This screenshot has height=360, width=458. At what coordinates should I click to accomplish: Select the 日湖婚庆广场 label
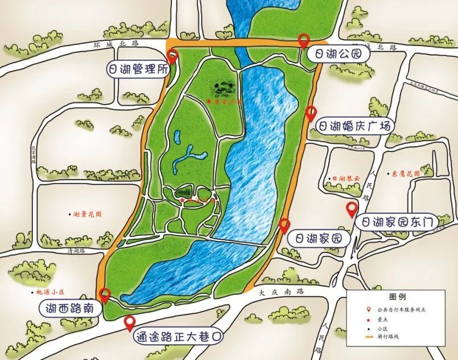pos(354,126)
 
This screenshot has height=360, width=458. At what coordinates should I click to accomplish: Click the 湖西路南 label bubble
pos(71,309)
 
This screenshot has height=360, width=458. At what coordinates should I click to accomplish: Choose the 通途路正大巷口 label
pos(177,337)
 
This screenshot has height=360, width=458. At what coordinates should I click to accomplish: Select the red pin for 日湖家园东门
pos(352,209)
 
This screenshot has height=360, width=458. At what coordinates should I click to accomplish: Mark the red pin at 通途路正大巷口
pos(130,322)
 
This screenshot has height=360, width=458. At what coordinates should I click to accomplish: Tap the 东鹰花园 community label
pos(406,173)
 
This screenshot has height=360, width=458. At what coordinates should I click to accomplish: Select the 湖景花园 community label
pos(88,215)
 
